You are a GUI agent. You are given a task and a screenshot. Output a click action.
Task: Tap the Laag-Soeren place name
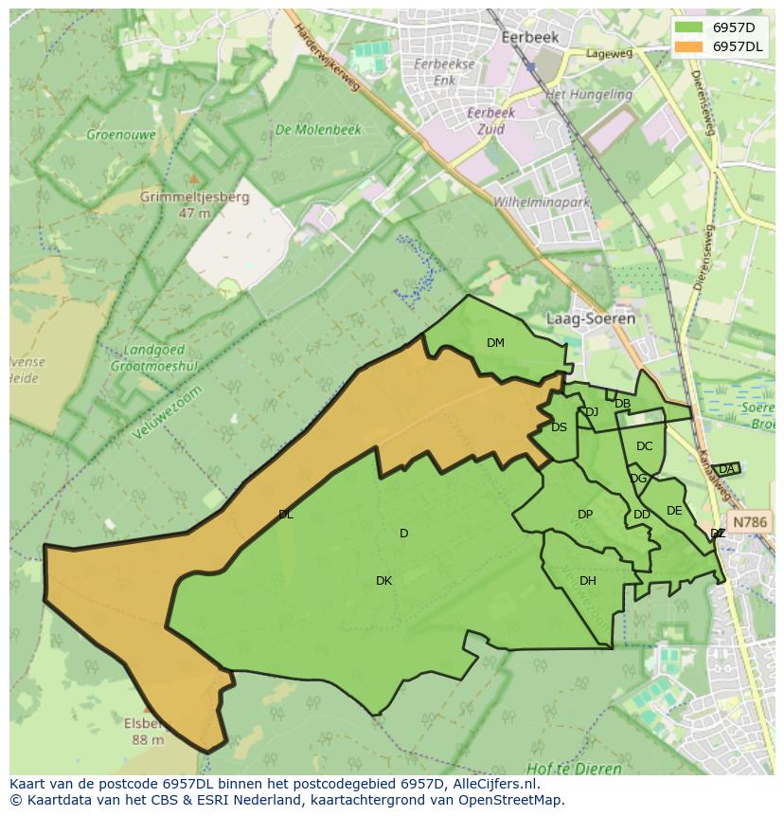[x=590, y=319]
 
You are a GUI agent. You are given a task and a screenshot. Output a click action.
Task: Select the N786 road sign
[x=750, y=522]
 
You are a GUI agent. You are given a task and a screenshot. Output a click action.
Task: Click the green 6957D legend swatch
[x=688, y=27]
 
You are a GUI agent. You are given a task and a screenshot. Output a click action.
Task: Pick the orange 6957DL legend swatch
[x=688, y=46]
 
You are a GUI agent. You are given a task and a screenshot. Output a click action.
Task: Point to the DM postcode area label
[x=495, y=343]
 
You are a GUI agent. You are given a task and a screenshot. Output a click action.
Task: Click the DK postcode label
[x=383, y=581]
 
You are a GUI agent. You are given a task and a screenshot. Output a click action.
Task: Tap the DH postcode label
[x=587, y=581]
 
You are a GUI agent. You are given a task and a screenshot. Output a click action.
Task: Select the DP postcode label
[x=585, y=515]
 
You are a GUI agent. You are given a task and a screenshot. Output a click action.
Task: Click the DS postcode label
[x=559, y=427]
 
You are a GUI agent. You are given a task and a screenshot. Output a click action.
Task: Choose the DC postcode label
[x=644, y=446]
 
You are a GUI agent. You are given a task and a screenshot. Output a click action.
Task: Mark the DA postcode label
[x=726, y=469]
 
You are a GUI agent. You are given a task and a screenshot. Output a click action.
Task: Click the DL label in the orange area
[x=286, y=515]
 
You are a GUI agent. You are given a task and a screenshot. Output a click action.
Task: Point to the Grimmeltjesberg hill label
[x=194, y=198]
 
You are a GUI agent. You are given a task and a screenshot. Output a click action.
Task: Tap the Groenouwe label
[x=121, y=135]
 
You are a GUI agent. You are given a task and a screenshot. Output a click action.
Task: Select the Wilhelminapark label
[x=542, y=203]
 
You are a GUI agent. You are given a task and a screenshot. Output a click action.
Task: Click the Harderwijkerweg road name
[x=327, y=58]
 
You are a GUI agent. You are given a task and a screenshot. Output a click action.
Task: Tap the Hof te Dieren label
[x=575, y=769]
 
